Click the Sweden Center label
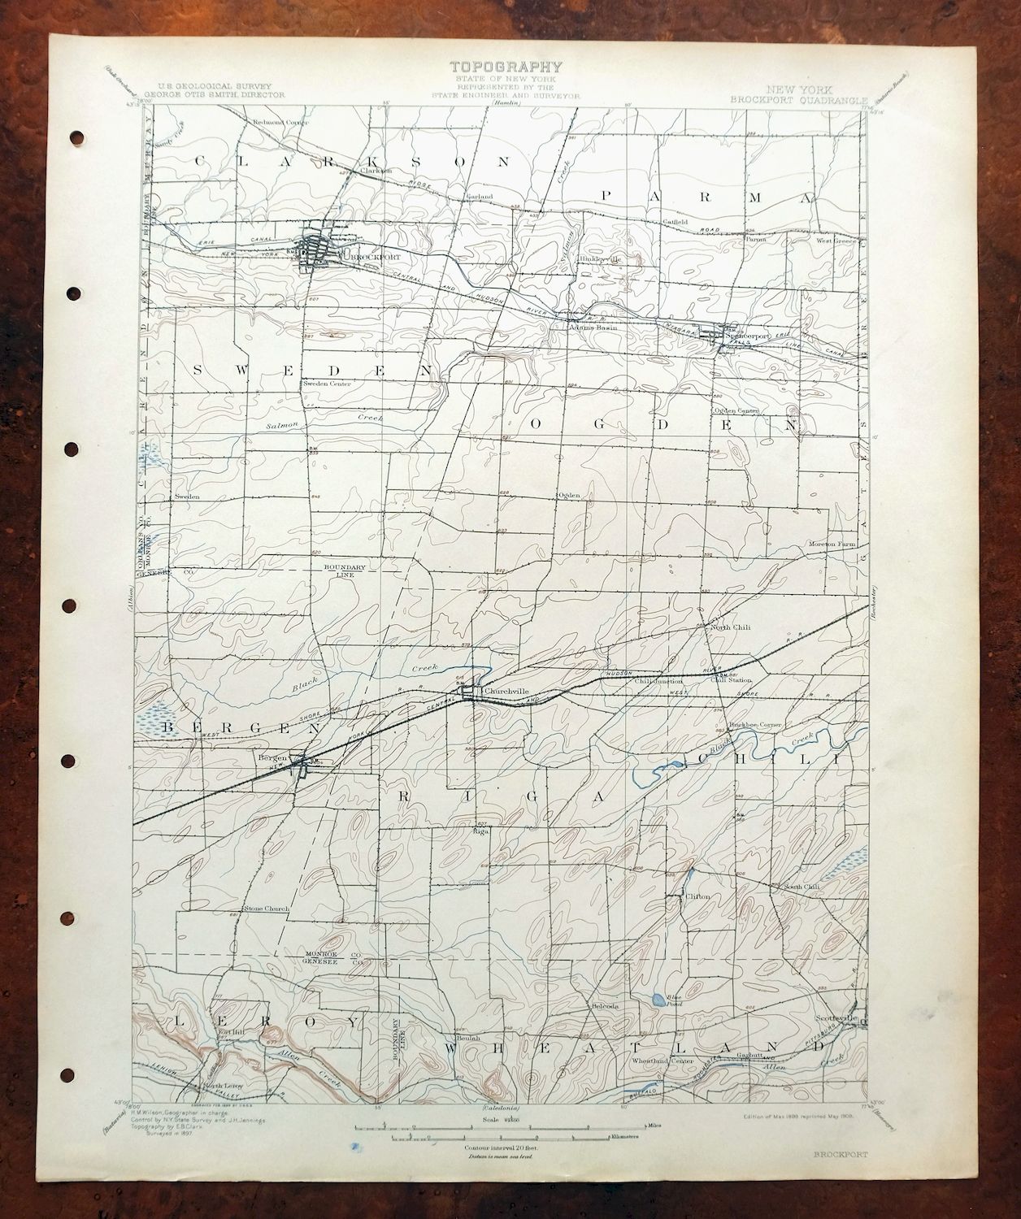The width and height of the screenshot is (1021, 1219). (x=326, y=384)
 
